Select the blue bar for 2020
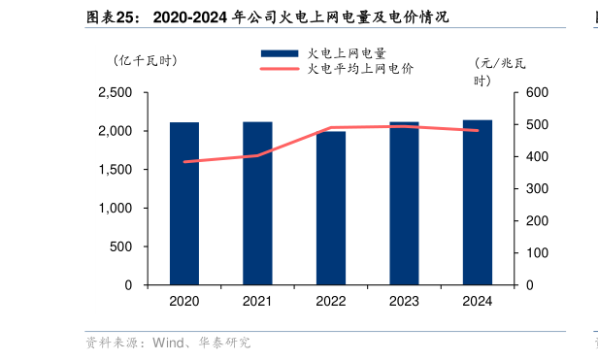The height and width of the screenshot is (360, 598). (x=184, y=204)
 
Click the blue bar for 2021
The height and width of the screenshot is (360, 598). (x=257, y=204)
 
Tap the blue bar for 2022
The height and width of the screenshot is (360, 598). (x=331, y=208)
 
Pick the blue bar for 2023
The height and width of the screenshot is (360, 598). (x=404, y=204)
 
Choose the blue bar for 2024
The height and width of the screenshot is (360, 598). (x=477, y=203)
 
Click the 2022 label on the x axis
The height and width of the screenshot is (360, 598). (x=331, y=302)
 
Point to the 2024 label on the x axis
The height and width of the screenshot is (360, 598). (x=477, y=302)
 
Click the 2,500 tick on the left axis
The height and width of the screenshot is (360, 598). (x=115, y=92)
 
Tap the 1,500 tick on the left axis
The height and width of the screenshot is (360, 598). (x=115, y=170)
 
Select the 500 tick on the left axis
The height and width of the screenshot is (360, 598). (x=120, y=246)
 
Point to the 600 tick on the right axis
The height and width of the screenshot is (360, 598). (x=537, y=92)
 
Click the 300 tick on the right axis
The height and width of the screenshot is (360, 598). (x=537, y=189)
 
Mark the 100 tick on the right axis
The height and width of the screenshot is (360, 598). (x=537, y=253)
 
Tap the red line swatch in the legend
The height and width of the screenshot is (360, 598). (x=280, y=69)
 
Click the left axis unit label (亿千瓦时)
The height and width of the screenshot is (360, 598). (x=146, y=61)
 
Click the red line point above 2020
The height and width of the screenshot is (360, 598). (x=184, y=162)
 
